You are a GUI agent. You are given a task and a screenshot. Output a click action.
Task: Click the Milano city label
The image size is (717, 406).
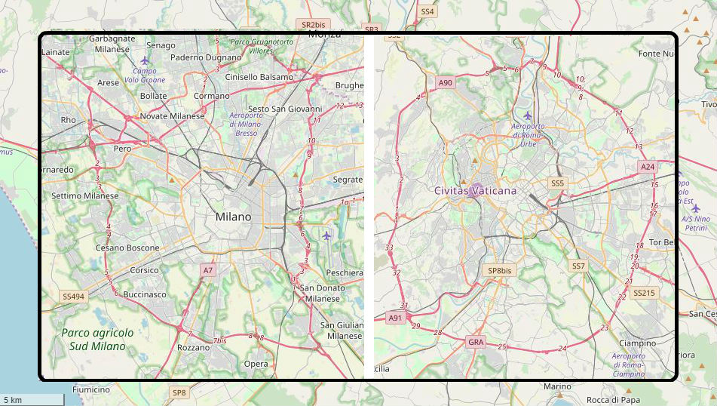tap(233, 217)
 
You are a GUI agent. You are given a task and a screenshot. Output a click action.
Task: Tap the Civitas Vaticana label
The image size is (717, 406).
tap(475, 191)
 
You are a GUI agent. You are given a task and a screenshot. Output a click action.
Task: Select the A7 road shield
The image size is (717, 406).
tap(208, 269)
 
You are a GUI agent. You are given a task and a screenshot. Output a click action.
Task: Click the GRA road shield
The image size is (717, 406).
tap(476, 342)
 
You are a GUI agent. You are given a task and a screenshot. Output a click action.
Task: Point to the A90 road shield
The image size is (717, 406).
tap(446, 82)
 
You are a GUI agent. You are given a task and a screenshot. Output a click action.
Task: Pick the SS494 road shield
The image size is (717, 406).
tap(74, 297)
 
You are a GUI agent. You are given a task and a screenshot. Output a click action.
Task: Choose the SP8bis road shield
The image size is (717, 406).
tap(499, 270)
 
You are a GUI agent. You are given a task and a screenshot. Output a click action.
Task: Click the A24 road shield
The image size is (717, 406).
tap(647, 166)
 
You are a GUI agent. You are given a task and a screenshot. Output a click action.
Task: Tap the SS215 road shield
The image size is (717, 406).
tap(645, 292)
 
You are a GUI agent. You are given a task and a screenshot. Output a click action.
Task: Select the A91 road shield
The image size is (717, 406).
tap(395, 318)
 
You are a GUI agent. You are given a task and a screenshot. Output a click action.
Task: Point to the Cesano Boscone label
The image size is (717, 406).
tap(127, 248)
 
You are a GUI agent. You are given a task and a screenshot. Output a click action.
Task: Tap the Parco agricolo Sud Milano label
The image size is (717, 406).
tap(97, 339)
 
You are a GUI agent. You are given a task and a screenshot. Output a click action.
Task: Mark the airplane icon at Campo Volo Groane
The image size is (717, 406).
tap(146, 60)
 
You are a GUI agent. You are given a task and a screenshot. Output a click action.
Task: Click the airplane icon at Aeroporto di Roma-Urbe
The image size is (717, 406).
tap(527, 115)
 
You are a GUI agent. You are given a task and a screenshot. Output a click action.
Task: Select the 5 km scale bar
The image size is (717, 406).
tap(31, 399)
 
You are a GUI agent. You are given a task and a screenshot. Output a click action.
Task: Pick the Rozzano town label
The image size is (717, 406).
tap(193, 348)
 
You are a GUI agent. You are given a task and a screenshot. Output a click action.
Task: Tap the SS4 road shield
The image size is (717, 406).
tap(427, 11)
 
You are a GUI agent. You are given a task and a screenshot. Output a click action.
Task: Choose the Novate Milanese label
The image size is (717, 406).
tap(172, 115)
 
